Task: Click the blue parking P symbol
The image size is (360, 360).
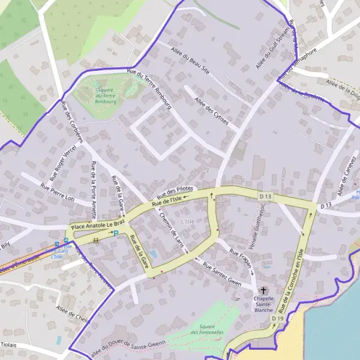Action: (x=116, y=233)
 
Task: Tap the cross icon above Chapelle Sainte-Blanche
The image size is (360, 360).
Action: (x=263, y=290)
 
